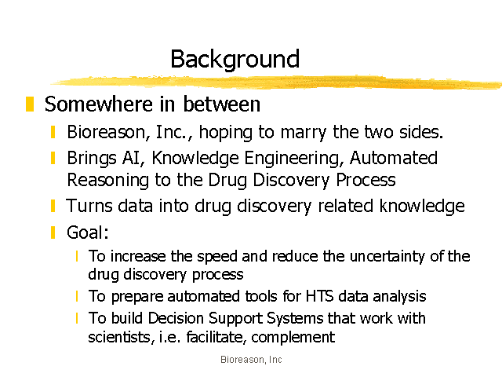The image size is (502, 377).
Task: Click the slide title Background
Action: [x=235, y=60]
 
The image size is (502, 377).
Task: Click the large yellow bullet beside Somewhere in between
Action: [x=30, y=104]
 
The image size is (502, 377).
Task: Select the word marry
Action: [x=304, y=133]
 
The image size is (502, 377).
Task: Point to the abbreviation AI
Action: [x=133, y=158]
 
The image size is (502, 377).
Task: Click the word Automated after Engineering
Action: [x=394, y=158]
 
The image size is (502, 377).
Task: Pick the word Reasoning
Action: [x=108, y=181]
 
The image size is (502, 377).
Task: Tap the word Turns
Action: [x=89, y=206]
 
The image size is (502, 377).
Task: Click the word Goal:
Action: [x=87, y=232]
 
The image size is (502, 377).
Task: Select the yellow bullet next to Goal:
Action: [x=53, y=232]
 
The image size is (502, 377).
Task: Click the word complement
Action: [x=293, y=338]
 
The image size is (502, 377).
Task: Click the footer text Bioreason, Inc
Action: [x=251, y=360]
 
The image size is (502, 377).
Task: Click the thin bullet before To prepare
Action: [x=77, y=296]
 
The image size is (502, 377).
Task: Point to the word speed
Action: [x=217, y=257]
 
